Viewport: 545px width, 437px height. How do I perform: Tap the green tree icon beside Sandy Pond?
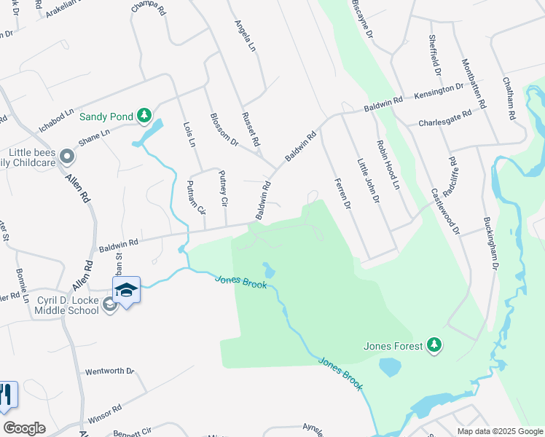[x=144, y=114]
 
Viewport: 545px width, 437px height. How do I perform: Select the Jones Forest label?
[x=393, y=345]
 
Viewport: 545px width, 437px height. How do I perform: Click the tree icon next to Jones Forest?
[x=434, y=345]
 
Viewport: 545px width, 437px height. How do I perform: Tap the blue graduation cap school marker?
[x=126, y=290]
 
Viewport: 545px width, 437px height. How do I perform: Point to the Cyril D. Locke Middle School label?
[x=66, y=305]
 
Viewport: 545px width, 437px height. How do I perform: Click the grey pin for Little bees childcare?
[x=67, y=157]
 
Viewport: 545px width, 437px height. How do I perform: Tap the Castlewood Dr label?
[x=445, y=211]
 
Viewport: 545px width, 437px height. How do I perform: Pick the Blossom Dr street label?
[x=224, y=130]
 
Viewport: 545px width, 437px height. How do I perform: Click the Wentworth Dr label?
[x=110, y=371]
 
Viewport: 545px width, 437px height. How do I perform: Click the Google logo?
[x=25, y=428]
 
